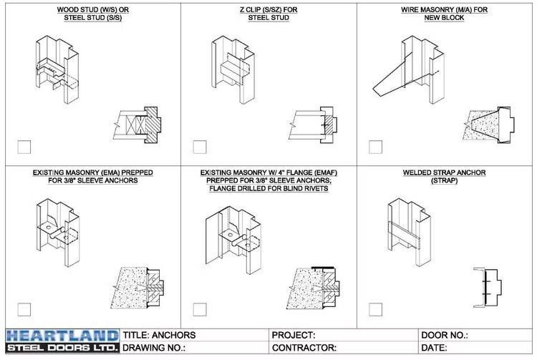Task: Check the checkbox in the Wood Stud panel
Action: coord(24,147)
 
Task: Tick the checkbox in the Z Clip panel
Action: coord(200,147)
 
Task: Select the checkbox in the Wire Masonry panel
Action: coord(375,147)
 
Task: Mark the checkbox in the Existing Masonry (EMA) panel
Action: coord(24,309)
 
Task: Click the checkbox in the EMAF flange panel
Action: coord(200,309)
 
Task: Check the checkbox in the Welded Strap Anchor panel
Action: coord(375,309)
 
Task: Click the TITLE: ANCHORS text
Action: coord(159,335)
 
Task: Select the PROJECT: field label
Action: coord(294,335)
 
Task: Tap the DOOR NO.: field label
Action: coord(445,335)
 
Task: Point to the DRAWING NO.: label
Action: coord(155,348)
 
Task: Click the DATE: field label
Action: coord(436,348)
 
